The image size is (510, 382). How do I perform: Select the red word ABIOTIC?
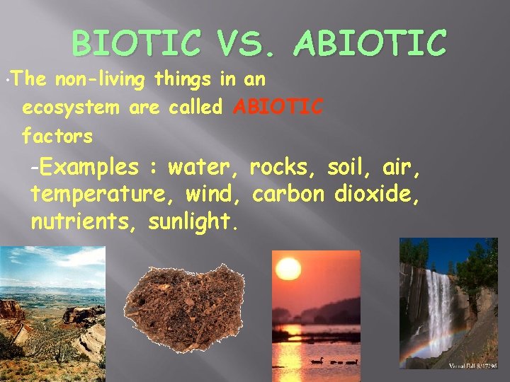(278, 107)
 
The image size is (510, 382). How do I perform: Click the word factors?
(57, 134)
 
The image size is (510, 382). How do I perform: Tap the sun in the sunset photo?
(288, 269)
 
